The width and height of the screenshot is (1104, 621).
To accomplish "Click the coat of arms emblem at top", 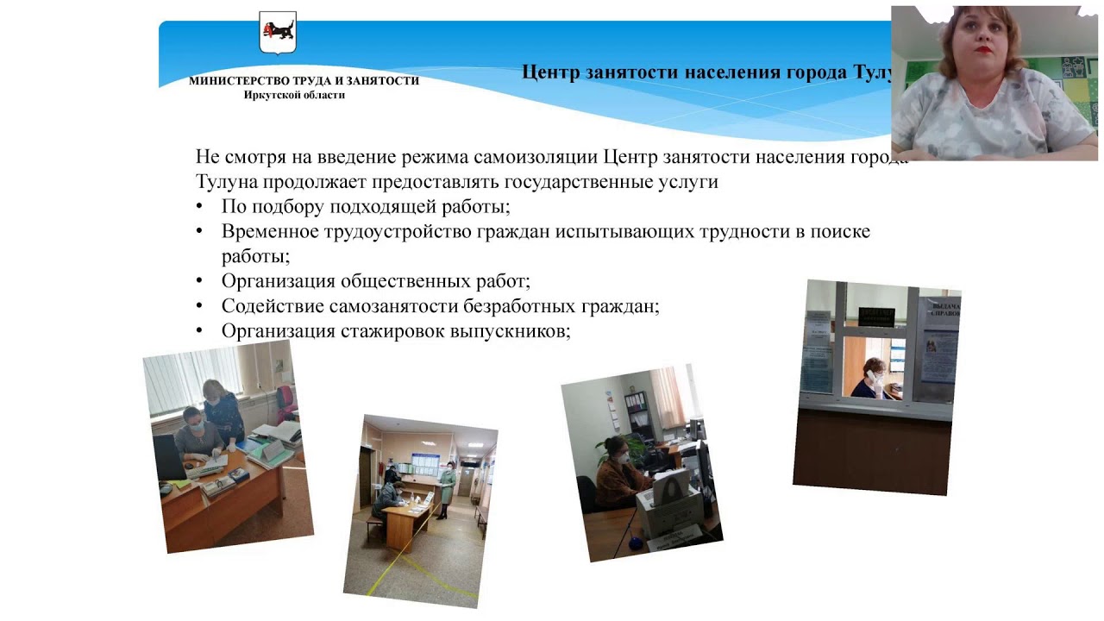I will [x=278, y=34].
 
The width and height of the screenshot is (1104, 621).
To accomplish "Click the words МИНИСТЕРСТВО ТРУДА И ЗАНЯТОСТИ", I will [x=304, y=81].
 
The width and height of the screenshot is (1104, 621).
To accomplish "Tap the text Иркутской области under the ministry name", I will [x=294, y=95].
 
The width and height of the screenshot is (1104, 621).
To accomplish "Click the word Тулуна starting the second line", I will [x=223, y=183].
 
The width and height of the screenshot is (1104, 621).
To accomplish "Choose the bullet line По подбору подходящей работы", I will [x=366, y=207].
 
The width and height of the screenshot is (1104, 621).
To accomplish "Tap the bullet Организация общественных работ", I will [x=375, y=281].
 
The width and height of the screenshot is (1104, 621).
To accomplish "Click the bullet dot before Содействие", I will [x=200, y=306].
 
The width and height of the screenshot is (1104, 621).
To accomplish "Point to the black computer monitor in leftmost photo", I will [x=170, y=457].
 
